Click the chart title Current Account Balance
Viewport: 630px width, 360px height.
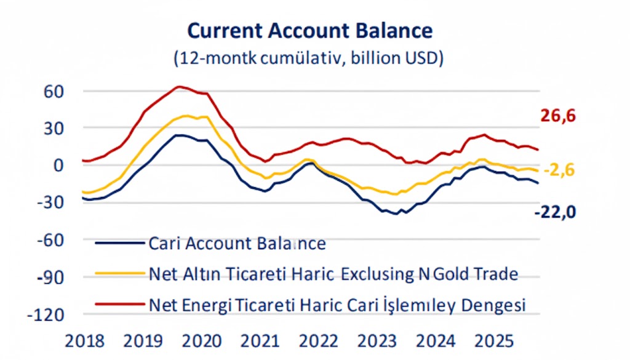tap(309, 31)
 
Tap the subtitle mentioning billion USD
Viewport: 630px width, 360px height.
tap(309, 58)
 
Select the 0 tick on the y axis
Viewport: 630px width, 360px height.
tap(58, 165)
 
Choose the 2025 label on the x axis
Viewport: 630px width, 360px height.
tap(496, 340)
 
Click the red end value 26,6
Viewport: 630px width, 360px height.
tap(558, 116)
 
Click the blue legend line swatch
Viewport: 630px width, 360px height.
tap(120, 243)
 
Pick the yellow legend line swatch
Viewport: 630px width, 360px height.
tap(120, 274)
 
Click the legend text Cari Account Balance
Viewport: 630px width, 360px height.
tap(237, 243)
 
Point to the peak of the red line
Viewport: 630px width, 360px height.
tap(178, 87)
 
